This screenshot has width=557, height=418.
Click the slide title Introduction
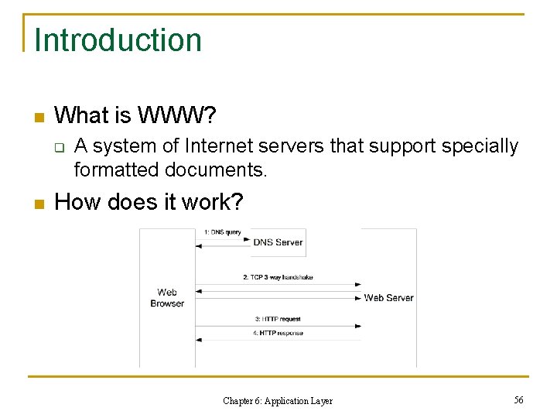click(118, 40)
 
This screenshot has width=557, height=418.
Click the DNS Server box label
click(278, 242)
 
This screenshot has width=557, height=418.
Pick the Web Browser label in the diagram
click(167, 298)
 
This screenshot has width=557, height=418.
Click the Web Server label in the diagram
click(388, 298)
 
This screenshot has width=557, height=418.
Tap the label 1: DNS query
click(222, 231)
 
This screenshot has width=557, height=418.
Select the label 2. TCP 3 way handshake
click(278, 277)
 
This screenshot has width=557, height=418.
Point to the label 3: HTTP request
click(278, 319)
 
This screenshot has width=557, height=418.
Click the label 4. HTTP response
click(278, 333)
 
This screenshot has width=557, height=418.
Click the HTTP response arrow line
click(278, 339)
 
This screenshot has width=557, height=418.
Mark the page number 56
click(518, 399)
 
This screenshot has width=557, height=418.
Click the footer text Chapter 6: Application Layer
click(278, 401)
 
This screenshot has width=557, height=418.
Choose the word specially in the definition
click(480, 146)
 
